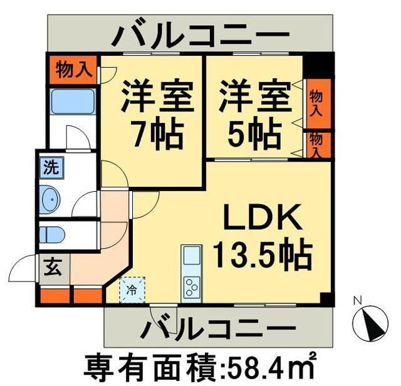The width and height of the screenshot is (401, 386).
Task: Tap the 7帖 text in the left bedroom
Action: [154, 133]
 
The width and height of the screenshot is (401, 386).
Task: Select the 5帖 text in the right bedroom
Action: [254, 132]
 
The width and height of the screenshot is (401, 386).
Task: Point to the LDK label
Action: [263, 221]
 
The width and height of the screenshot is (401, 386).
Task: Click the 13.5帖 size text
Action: [263, 254]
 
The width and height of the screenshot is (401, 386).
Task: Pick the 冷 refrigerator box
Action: [132, 289]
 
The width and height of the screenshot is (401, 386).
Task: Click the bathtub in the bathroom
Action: [73, 102]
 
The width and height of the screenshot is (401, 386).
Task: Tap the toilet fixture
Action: [52, 235]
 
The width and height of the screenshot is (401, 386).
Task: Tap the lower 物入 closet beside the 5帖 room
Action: [316, 144]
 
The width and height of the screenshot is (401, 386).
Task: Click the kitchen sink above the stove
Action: [192, 256]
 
